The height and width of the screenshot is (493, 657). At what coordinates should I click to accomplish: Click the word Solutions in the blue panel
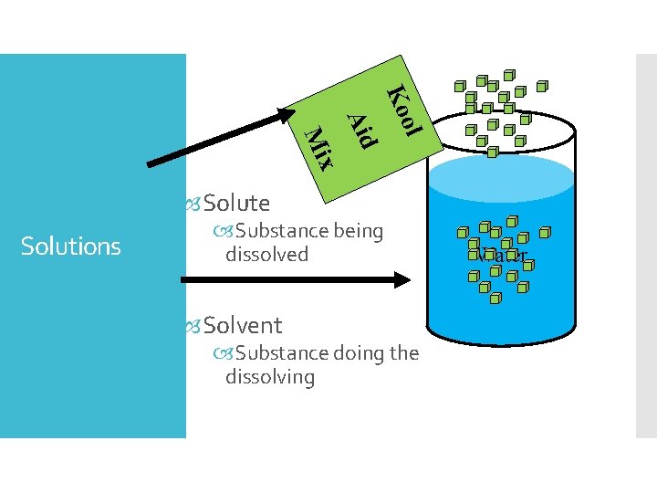70,246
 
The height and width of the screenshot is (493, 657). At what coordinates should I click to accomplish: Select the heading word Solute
236,203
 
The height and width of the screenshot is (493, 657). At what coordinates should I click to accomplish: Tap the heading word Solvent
243,325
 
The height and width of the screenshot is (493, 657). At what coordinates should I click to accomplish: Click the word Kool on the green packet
402,110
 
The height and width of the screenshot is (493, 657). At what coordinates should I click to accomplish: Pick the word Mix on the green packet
319,147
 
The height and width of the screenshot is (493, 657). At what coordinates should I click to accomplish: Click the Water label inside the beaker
501,257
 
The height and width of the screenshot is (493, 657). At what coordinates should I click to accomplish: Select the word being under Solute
358,231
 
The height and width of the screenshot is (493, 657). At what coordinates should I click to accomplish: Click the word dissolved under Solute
267,255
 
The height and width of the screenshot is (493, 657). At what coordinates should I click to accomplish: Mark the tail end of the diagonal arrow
151,165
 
